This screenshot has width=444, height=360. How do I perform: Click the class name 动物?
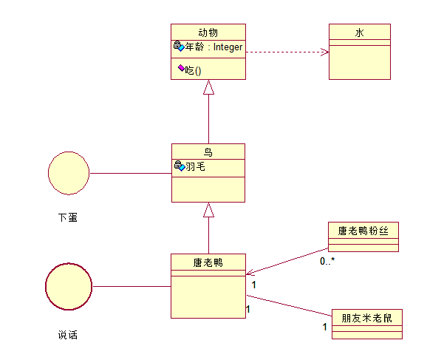[208, 32]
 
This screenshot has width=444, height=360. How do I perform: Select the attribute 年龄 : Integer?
[214, 47]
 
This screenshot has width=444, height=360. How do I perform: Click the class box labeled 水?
[359, 51]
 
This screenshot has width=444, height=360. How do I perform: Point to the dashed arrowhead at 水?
[325, 52]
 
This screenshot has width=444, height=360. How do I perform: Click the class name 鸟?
[208, 152]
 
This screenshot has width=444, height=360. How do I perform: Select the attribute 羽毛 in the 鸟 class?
[195, 167]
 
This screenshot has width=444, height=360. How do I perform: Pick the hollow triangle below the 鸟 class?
[208, 210]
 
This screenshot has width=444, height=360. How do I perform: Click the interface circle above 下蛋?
[68, 173]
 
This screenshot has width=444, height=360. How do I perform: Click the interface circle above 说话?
[68, 286]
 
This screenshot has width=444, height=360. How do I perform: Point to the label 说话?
[67, 335]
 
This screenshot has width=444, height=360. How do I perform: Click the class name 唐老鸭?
[208, 262]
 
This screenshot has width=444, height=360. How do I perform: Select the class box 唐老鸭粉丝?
[363, 237]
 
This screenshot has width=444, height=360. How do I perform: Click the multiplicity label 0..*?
[327, 261]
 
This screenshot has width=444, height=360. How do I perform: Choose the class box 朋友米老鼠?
[366, 324]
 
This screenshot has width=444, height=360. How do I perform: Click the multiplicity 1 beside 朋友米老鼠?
[324, 326]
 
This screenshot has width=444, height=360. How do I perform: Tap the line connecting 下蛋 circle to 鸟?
[129, 174]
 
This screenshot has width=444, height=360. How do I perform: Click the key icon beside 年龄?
[178, 47]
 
